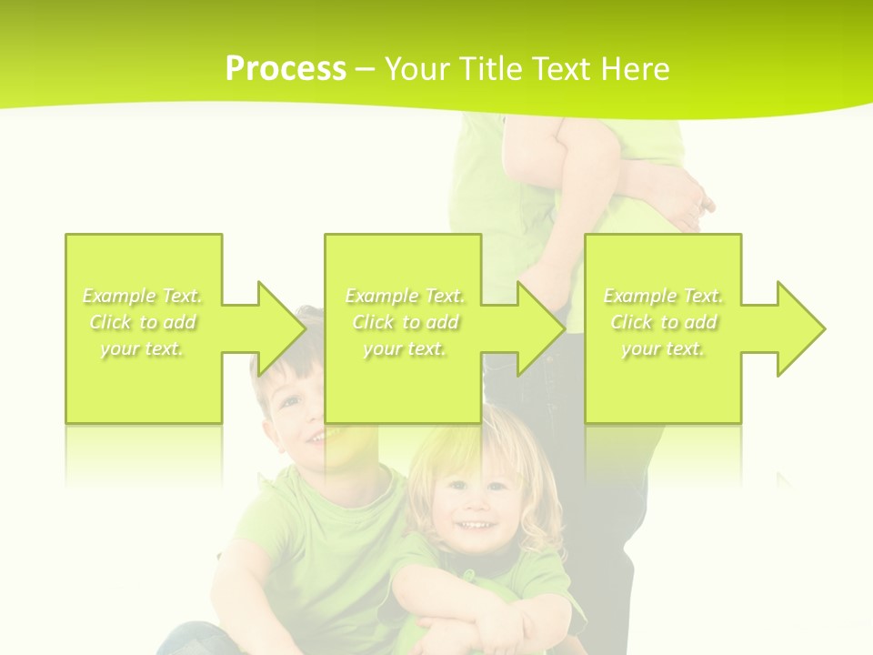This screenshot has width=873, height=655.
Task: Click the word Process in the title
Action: [286, 69]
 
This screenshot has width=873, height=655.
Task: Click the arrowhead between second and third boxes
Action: [537, 328]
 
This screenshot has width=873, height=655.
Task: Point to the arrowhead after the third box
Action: [797, 328]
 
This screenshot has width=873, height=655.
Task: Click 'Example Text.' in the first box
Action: [143, 296]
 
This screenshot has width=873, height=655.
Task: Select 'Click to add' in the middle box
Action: [405, 322]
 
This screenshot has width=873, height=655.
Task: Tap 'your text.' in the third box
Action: [663, 348]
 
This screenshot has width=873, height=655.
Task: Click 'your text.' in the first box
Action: [143, 348]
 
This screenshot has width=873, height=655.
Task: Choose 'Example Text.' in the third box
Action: [663, 296]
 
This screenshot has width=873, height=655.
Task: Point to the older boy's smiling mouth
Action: [314, 438]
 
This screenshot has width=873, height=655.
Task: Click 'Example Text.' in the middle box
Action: [405, 296]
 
